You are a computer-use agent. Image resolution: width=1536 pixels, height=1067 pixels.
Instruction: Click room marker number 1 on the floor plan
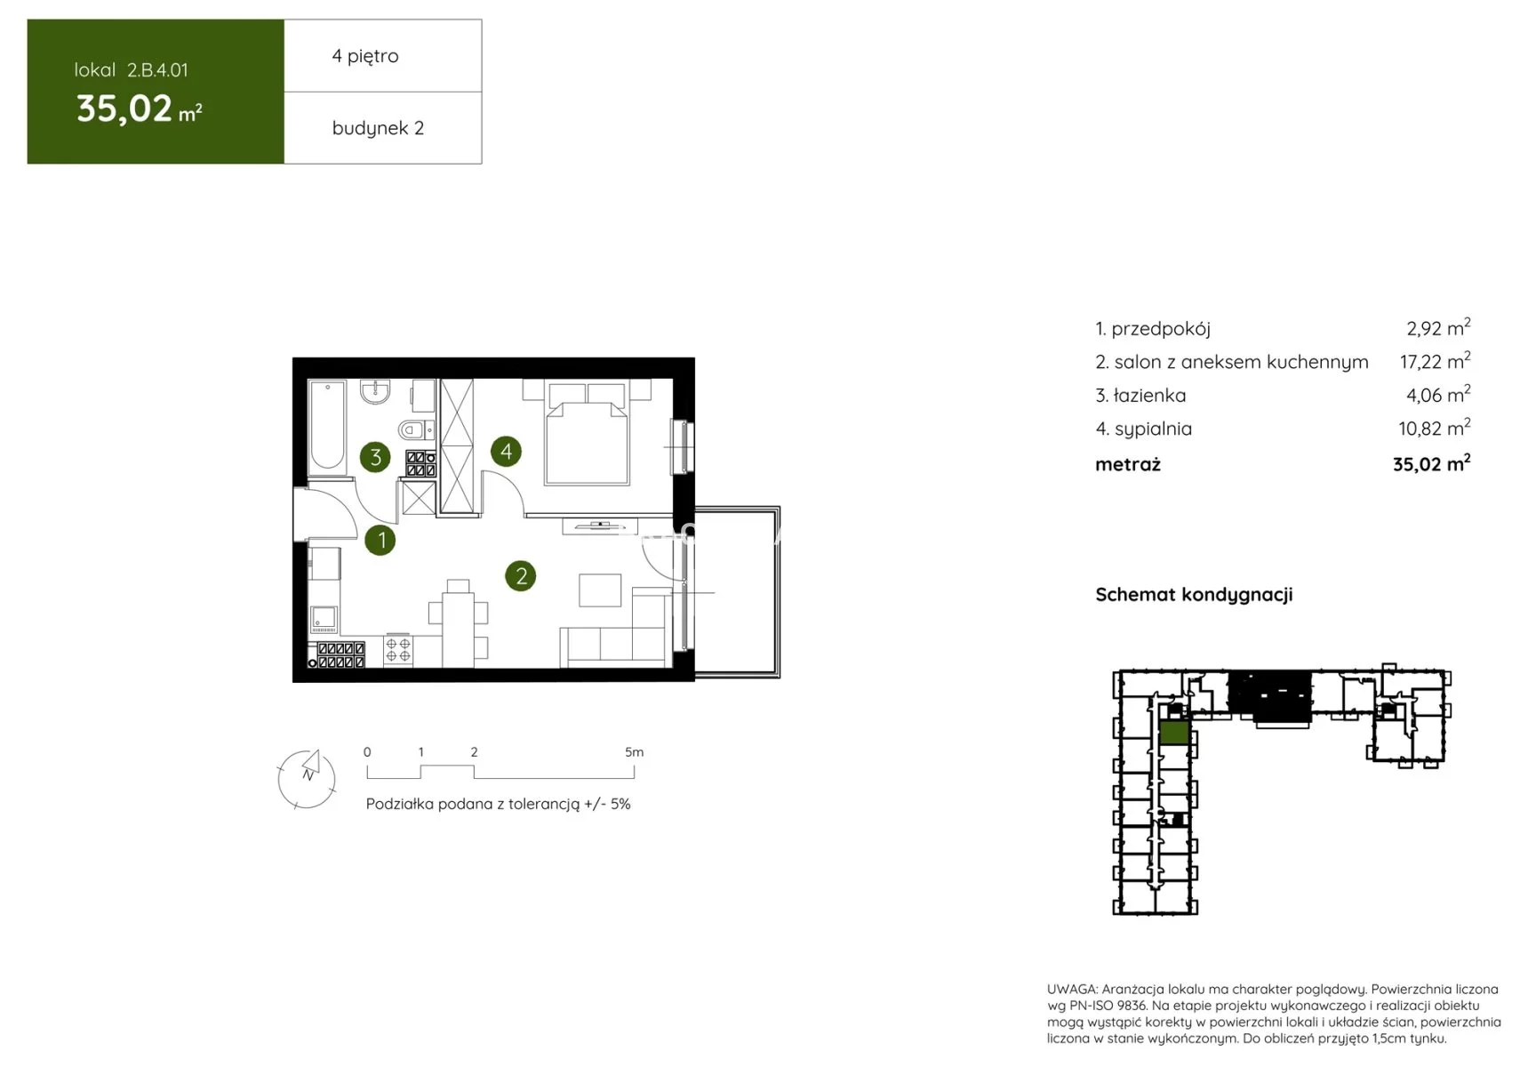coord(380,539)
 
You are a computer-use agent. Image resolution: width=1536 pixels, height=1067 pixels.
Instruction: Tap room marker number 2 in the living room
coord(521,576)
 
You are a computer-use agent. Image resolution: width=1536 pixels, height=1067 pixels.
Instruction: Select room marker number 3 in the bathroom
coord(375,457)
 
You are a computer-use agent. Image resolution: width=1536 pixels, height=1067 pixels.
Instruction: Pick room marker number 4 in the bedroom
coord(506,451)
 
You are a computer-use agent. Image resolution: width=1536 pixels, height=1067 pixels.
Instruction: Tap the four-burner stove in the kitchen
coord(397,651)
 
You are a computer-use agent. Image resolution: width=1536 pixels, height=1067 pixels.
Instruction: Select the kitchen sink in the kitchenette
coord(324,618)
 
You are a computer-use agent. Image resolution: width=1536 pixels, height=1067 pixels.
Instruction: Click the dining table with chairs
coord(458,621)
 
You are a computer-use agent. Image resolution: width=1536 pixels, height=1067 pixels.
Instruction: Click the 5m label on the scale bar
coord(634,752)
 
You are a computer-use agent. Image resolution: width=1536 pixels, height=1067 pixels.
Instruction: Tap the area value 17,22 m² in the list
coord(1435,361)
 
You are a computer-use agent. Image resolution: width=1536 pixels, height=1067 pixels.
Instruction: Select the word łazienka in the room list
coord(1149,396)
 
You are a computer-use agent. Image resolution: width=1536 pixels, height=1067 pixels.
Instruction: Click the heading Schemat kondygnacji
coord(1194,595)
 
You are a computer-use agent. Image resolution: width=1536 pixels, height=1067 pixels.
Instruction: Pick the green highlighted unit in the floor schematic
coord(1174,732)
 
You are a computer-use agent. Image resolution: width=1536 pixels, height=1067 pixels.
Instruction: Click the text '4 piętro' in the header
coord(365,56)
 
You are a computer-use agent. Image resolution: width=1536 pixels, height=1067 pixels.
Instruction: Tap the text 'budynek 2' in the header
coord(378,128)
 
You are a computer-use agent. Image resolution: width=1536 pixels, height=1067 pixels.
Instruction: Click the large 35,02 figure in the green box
coord(124,108)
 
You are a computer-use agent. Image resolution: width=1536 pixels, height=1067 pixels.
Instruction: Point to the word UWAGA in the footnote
coord(1072,990)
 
